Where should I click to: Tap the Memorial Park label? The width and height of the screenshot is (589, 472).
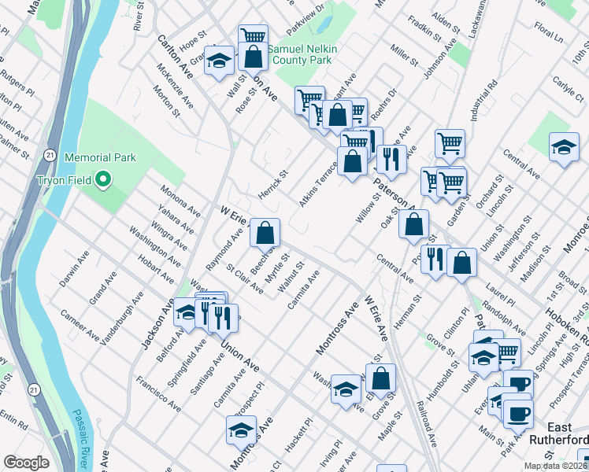pos(100,157)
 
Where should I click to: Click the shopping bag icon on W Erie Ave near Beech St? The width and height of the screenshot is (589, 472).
pos(265,232)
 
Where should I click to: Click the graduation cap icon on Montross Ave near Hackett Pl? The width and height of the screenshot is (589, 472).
pos(241,430)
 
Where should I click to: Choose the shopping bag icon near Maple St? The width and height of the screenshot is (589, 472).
pos(380,378)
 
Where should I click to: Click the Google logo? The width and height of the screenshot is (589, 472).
pos(26,463)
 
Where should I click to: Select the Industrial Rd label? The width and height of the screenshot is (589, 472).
pos(483,99)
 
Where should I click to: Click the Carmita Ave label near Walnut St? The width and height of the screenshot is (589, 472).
pos(303,289)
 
